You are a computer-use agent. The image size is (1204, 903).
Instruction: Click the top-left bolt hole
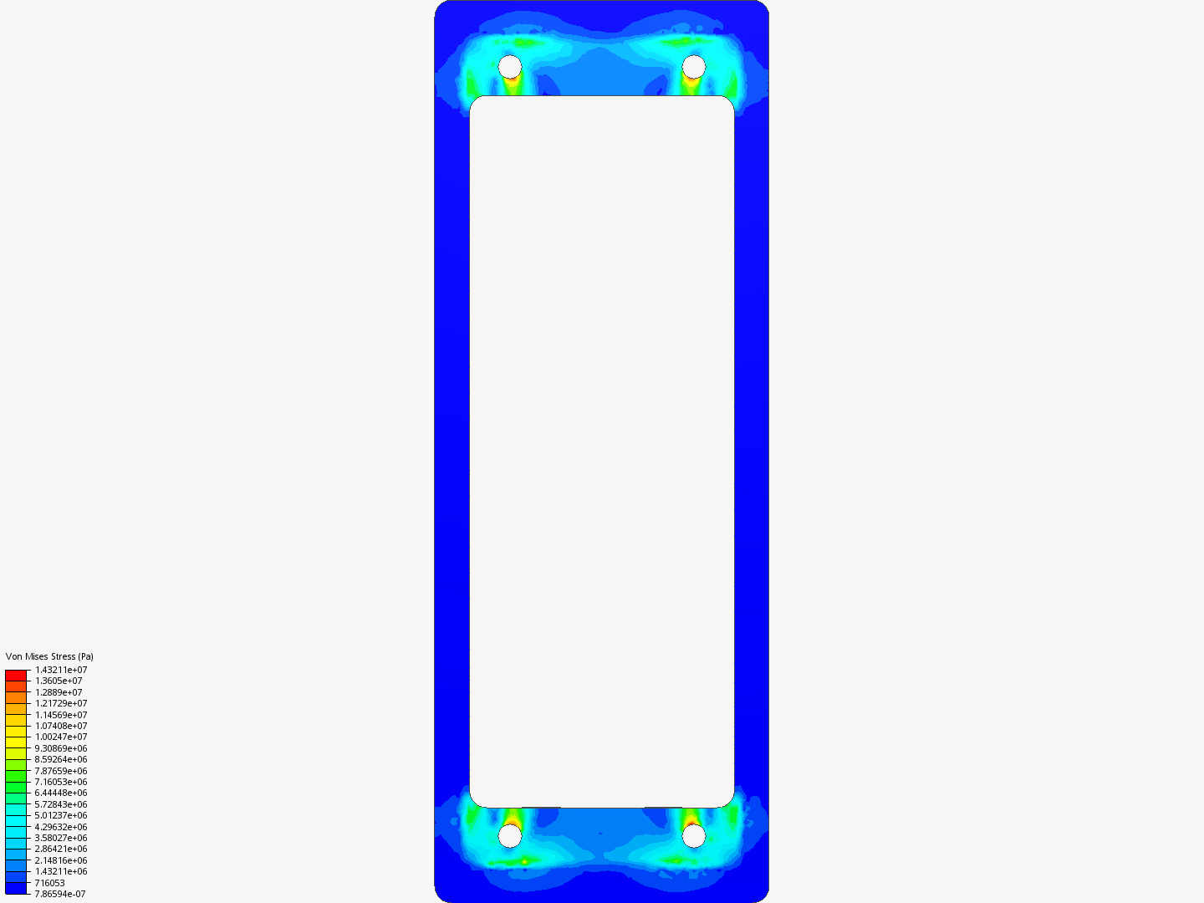click(510, 66)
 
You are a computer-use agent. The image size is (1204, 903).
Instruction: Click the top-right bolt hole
click(694, 66)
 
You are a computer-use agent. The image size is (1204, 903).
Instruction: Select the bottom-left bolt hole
click(510, 835)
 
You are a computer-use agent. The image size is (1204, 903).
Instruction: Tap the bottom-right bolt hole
click(694, 835)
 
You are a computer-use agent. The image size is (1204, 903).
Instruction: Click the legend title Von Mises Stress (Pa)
click(49, 656)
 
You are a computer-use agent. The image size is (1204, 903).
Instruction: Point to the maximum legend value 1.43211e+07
click(61, 670)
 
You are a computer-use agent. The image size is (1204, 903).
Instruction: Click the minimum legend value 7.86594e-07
click(60, 894)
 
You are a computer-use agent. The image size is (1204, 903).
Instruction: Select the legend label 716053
click(49, 883)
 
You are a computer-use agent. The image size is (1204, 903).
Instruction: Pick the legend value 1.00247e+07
click(61, 737)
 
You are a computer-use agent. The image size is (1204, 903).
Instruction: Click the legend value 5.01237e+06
click(61, 815)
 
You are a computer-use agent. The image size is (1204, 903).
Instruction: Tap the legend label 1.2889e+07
click(59, 692)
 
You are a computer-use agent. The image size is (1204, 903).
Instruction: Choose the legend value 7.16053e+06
click(61, 782)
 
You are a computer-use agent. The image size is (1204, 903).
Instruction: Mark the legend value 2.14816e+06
click(61, 860)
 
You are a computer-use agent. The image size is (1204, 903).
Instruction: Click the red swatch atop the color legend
click(16, 675)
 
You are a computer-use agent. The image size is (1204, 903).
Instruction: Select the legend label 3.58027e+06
click(61, 838)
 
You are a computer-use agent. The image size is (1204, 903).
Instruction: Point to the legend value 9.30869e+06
click(61, 748)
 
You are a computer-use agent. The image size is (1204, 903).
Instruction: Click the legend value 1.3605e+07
click(59, 681)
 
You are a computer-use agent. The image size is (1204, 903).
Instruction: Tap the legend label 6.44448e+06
click(61, 793)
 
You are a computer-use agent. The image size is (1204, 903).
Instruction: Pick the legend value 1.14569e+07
click(61, 715)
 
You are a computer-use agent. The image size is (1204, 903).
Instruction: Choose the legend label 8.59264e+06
click(61, 759)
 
